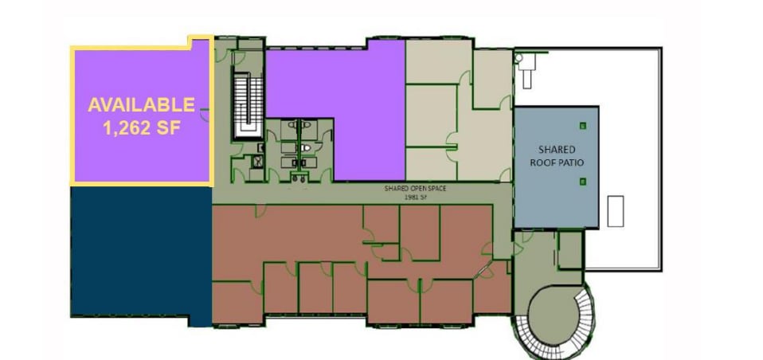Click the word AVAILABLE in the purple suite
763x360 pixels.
(141, 104)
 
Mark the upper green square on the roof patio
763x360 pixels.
(584, 123)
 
